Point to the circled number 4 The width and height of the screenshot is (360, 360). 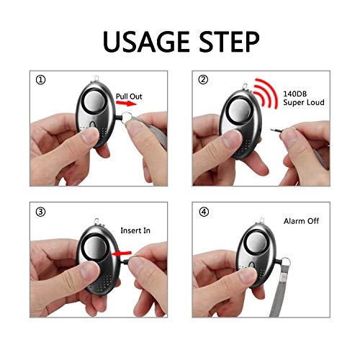click(206, 214)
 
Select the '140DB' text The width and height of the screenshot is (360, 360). click(297, 94)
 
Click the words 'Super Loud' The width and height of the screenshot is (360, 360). click(303, 103)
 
